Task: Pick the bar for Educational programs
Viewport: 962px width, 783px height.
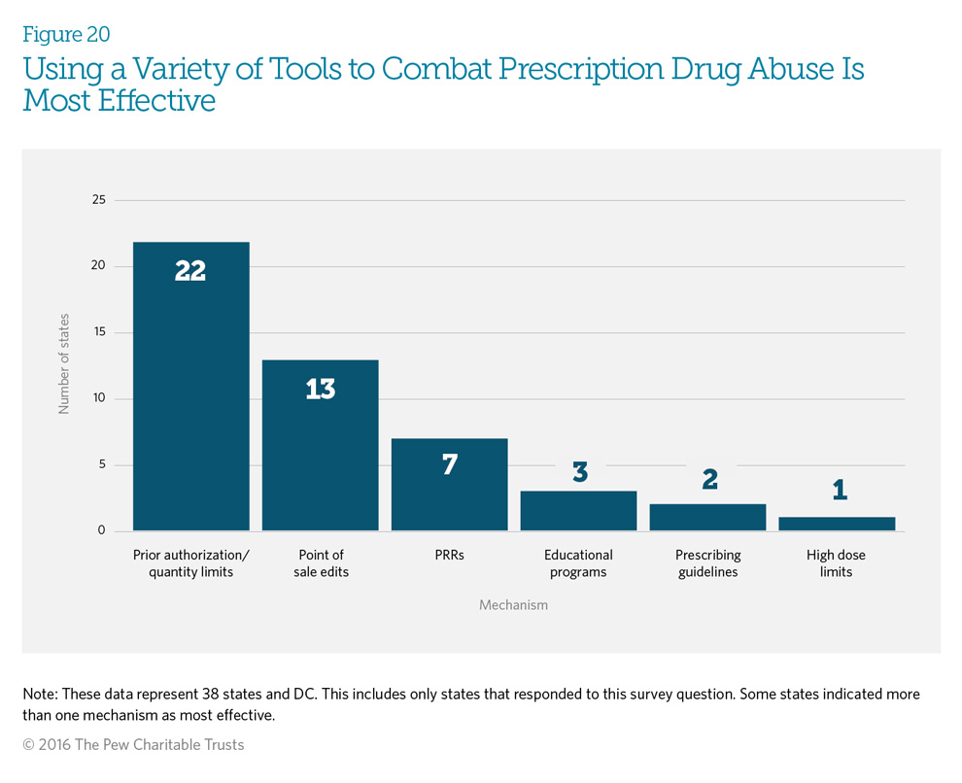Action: tap(578, 511)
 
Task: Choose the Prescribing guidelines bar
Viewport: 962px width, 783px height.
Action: tap(707, 518)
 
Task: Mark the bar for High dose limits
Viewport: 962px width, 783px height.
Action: tap(837, 524)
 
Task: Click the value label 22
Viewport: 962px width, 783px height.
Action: tap(190, 271)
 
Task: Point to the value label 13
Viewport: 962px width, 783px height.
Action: tap(320, 390)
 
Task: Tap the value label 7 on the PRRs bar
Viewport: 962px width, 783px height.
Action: tap(449, 464)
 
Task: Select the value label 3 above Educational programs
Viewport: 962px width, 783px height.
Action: tap(579, 473)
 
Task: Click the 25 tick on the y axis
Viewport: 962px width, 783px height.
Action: tap(97, 200)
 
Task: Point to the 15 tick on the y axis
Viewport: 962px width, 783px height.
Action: tap(97, 332)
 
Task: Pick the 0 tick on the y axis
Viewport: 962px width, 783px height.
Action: tap(100, 531)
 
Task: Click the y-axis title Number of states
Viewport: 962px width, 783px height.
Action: tap(64, 365)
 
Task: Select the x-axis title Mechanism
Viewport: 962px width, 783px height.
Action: tap(513, 605)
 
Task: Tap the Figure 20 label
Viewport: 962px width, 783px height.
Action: tap(66, 35)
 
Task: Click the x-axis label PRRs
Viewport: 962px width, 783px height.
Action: tap(449, 556)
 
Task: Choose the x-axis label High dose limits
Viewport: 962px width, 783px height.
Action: tap(836, 563)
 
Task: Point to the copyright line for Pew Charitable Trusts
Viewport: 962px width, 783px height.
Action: tap(133, 745)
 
